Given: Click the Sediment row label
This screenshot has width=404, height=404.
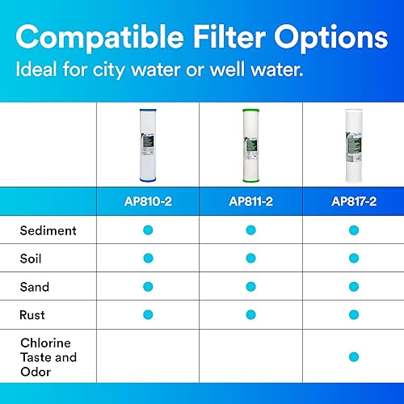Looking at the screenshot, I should point(48,230).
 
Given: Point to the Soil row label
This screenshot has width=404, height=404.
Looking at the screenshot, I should point(32,259).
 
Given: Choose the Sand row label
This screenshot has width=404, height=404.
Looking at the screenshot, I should point(35,287).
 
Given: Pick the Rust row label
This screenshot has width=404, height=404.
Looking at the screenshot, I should point(33,314).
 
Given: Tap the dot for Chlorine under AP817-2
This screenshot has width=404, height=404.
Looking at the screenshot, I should point(353,356).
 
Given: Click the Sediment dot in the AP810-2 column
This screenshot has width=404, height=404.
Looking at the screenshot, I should point(148,230).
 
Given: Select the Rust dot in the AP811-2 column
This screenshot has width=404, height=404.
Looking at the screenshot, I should point(250,314).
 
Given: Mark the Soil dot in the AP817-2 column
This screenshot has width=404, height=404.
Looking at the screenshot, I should point(353,259).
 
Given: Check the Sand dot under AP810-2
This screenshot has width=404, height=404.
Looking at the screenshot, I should point(148,287).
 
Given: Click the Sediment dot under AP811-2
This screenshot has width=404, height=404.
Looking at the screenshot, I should point(250,230).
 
